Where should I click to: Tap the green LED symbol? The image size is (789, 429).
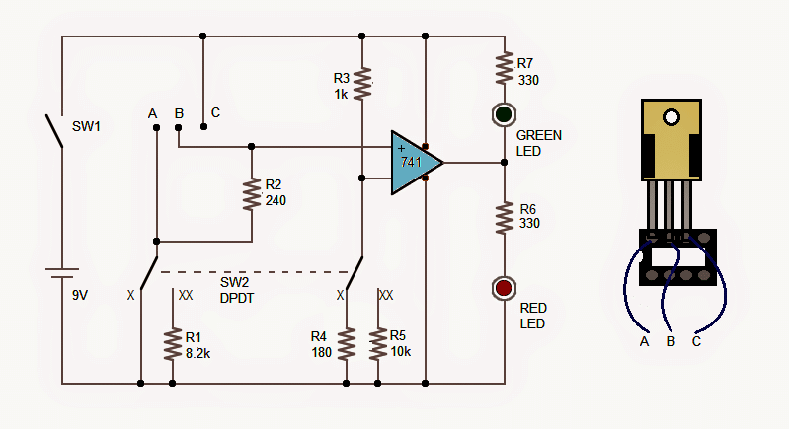(x=504, y=114)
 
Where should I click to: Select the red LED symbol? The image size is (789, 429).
(x=504, y=288)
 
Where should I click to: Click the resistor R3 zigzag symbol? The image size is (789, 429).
(x=362, y=83)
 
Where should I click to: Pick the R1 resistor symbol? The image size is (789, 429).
(x=173, y=343)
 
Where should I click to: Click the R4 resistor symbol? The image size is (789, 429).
(x=346, y=344)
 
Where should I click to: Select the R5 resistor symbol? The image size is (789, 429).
(x=377, y=344)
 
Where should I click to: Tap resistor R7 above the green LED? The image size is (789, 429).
(x=504, y=68)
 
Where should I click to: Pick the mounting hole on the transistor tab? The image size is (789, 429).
(x=672, y=117)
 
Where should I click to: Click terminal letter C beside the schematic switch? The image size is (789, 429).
(x=215, y=112)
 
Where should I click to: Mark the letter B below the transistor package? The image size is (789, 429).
(x=671, y=342)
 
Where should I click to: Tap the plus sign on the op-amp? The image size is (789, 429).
(x=401, y=148)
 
